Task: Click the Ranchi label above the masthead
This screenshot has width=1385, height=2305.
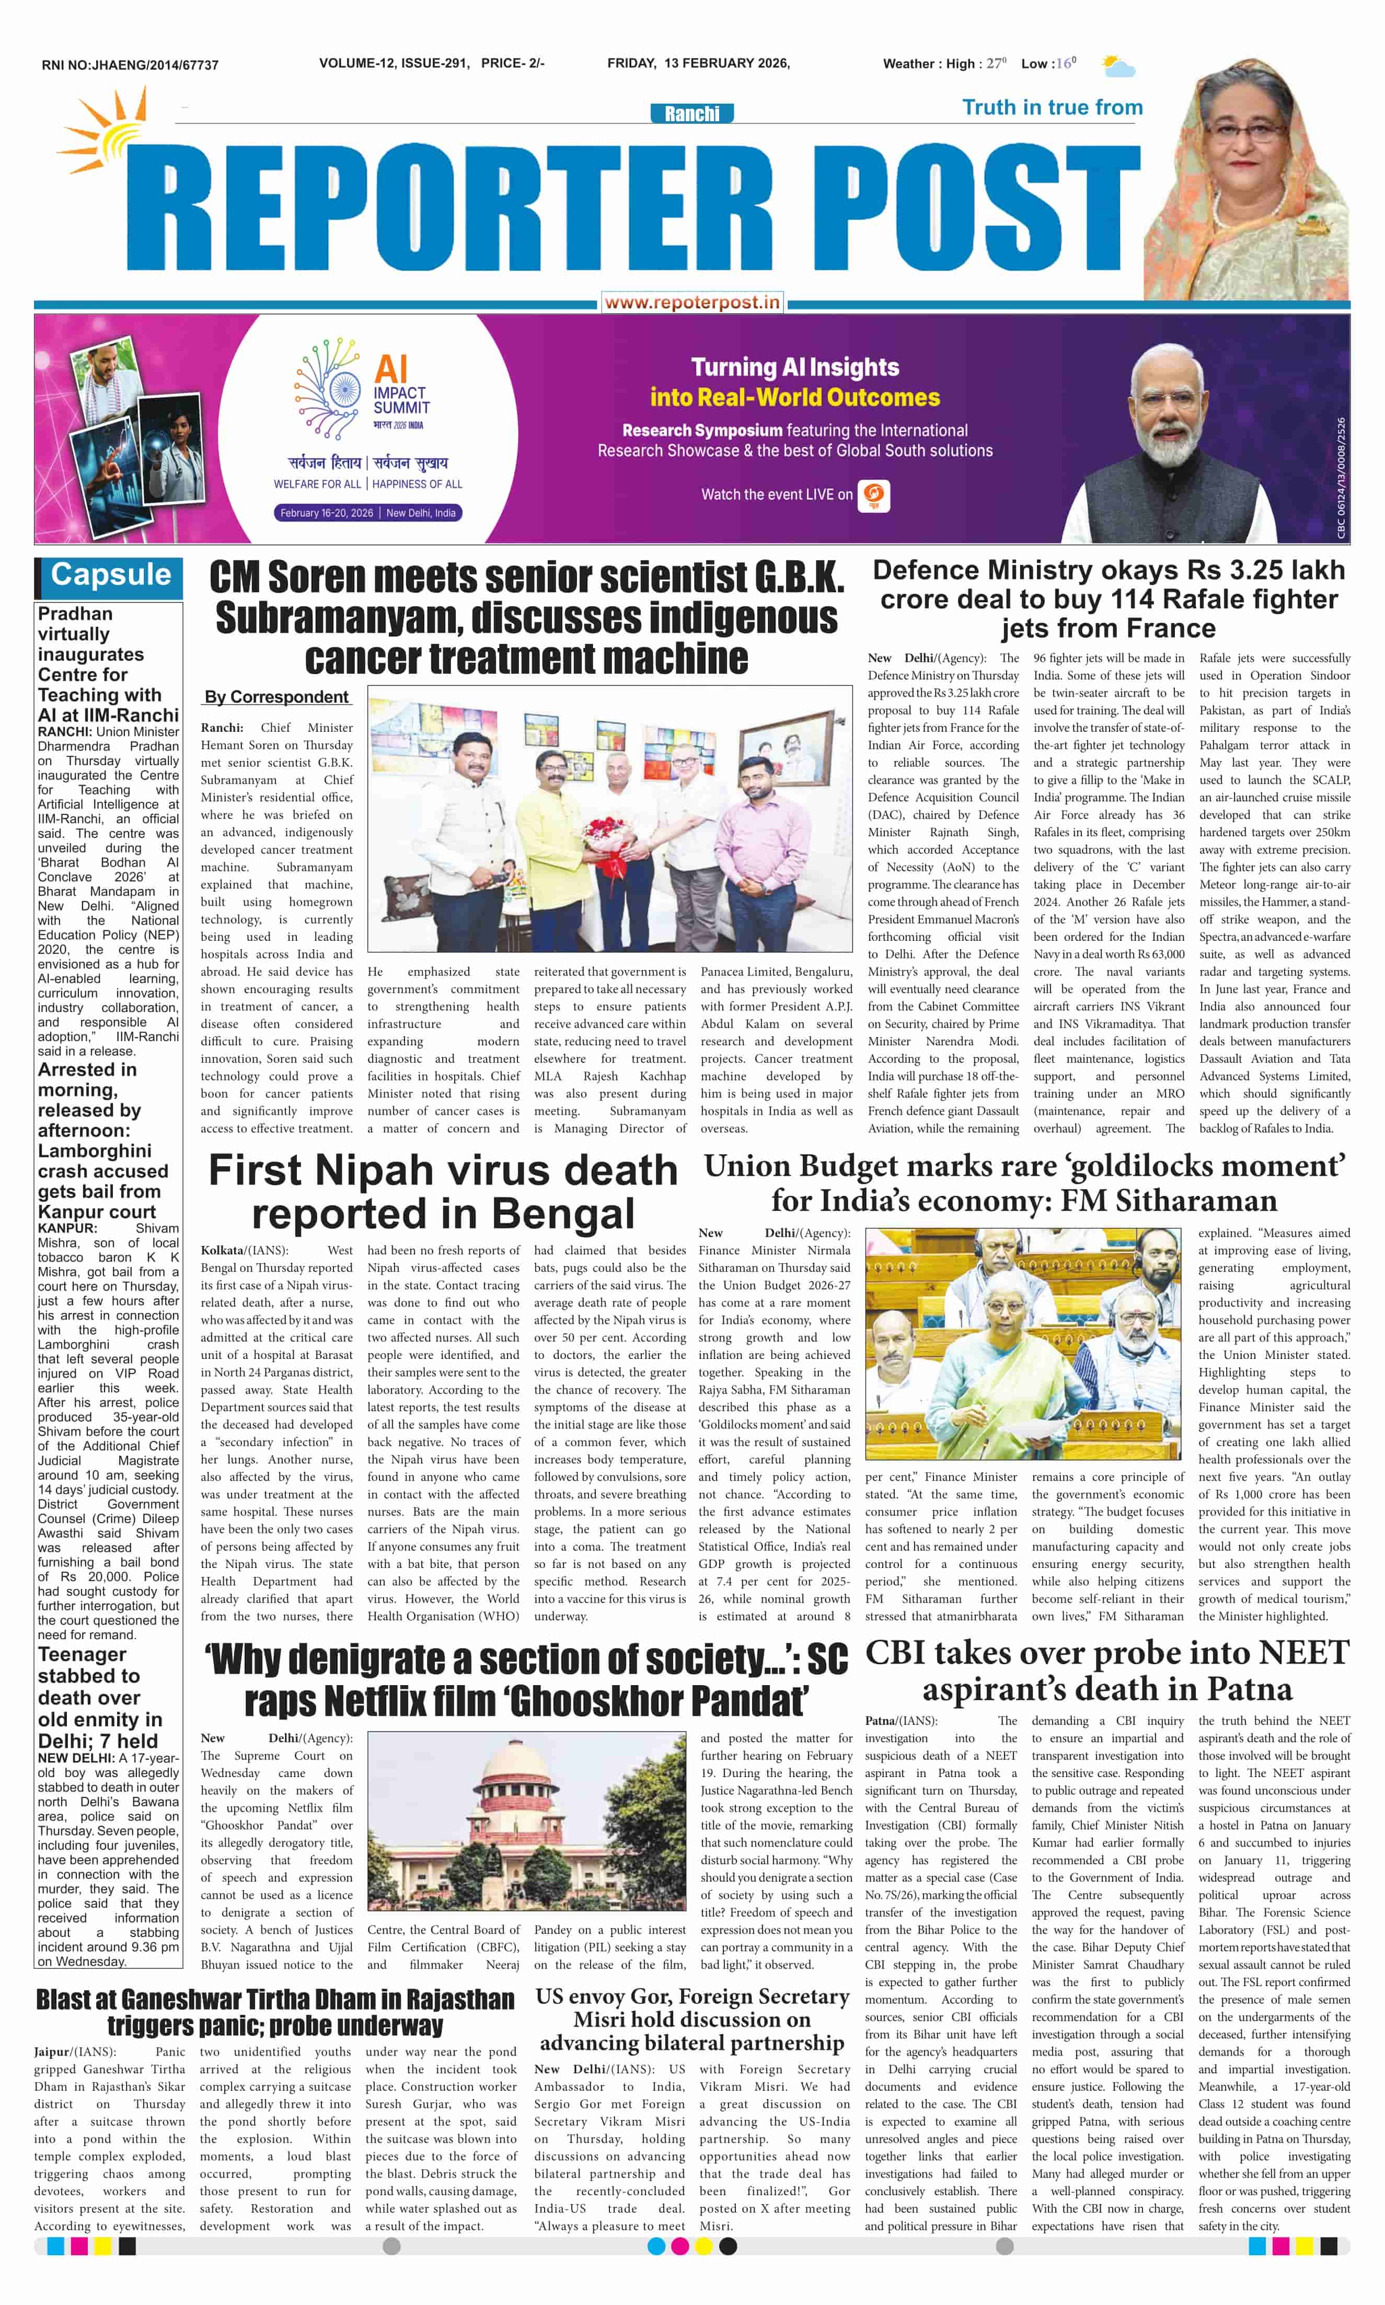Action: [x=691, y=113]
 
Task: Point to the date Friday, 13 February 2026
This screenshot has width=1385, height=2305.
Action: [x=698, y=63]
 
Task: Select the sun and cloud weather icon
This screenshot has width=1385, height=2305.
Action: [x=1117, y=65]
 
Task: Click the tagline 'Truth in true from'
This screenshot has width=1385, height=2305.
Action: [x=1052, y=107]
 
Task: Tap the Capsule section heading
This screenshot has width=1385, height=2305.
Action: [x=111, y=575]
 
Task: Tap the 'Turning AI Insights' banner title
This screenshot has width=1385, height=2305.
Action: [x=794, y=367]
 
